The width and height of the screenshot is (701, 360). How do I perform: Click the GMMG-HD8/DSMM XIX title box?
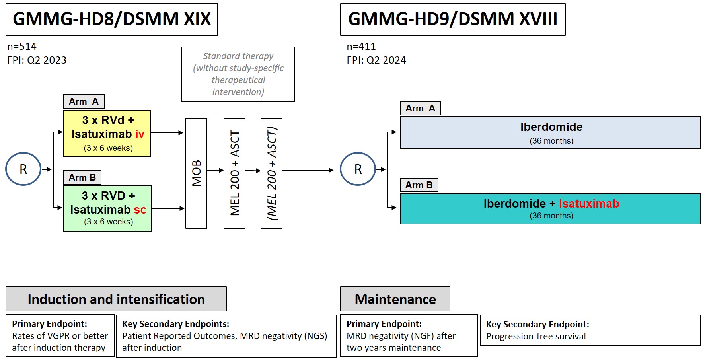tap(111, 19)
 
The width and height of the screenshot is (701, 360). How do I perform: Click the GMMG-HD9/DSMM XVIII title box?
tap(452, 19)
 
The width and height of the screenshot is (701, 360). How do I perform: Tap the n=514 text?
tap(22, 47)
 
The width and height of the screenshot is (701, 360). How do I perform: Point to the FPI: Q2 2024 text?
tap(376, 60)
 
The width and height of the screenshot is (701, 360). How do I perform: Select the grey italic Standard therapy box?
tap(238, 74)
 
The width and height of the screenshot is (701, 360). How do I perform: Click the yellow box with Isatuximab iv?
tap(107, 133)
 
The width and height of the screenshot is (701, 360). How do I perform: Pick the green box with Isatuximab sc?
tap(107, 208)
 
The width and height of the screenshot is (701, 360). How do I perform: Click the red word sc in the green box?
tap(140, 210)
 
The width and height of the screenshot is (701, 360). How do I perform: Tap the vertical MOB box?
tap(196, 173)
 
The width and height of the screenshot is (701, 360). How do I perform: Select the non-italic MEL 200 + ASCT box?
tap(234, 173)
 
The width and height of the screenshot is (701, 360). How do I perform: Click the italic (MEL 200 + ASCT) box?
tap(271, 173)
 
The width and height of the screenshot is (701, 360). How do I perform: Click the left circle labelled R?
tap(23, 169)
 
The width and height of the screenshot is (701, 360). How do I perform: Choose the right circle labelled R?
tap(358, 169)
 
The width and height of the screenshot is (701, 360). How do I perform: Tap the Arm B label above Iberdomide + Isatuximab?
tap(419, 185)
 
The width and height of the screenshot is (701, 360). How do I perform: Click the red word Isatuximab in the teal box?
tap(589, 204)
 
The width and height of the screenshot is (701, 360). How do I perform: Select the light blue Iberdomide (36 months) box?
tap(550, 132)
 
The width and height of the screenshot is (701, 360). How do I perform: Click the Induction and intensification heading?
tap(116, 299)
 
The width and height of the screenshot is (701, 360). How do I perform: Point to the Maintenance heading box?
tap(395, 299)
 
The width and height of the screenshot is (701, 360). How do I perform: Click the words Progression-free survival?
tap(535, 337)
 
